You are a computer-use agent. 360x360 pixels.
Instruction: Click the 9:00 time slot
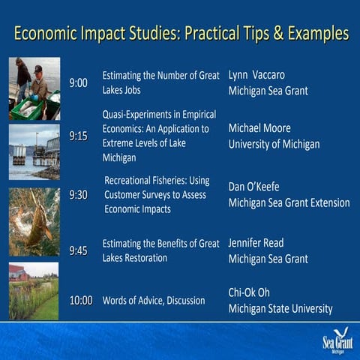79,82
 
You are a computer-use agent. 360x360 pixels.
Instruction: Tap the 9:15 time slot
79,136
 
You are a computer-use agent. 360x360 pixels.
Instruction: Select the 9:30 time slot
79,195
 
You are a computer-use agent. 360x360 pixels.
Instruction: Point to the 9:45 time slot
79,250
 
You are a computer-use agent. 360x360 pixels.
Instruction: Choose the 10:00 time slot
81,301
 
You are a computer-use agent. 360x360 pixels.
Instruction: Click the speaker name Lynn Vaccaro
256,75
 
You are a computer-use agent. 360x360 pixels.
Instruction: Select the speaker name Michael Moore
259,128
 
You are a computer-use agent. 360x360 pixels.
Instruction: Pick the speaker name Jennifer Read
256,243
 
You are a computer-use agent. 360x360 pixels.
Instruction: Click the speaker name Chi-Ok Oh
249,292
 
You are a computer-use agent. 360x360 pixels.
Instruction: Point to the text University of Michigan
274,145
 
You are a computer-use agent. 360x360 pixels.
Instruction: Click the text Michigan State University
280,309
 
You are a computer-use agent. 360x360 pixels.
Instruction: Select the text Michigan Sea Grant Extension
289,202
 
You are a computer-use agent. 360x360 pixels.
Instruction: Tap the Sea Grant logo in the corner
337,341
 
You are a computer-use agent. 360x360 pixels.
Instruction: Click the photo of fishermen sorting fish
34,88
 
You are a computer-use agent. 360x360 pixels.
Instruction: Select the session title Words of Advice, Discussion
154,301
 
